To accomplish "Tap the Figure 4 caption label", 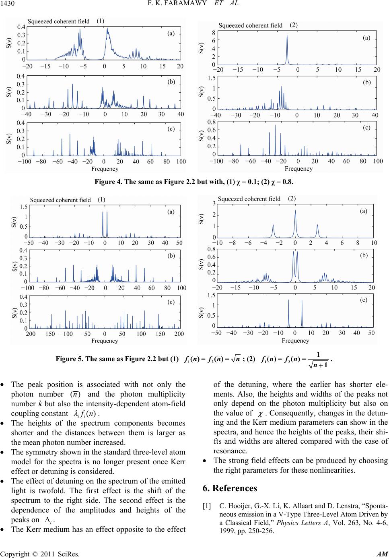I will click(109, 182).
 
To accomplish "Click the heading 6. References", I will click(230, 488).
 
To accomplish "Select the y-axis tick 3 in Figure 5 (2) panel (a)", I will click(214, 204).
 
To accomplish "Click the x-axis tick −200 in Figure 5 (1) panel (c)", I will click(29, 334).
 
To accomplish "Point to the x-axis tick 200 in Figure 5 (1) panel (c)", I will click(179, 334).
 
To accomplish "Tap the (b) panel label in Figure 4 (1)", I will click(171, 81).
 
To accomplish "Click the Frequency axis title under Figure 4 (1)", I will click(105, 168).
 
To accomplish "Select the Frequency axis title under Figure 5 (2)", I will click(295, 341).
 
